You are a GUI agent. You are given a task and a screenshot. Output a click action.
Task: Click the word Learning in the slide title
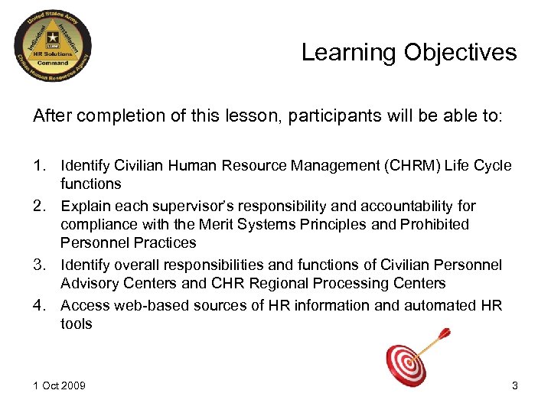[x=348, y=53]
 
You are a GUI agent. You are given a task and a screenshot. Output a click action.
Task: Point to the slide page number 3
[x=514, y=385]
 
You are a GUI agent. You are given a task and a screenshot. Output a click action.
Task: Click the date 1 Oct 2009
[x=59, y=385]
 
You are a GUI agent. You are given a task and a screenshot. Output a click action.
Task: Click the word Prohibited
[x=434, y=225]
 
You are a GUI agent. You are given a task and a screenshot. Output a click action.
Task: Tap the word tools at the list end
[x=77, y=324]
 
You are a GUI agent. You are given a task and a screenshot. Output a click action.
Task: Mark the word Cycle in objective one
[x=489, y=166]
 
